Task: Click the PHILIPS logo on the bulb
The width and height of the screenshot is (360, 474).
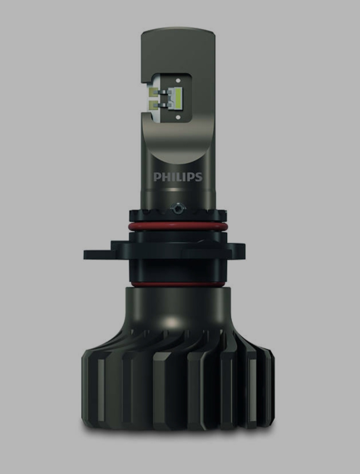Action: pos(178,177)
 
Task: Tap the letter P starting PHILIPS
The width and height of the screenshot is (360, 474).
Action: pos(157,177)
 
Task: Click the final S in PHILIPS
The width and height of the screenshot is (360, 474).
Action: pos(198,177)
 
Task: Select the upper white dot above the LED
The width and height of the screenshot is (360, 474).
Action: pos(178,81)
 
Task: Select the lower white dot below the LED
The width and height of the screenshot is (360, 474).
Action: pos(178,117)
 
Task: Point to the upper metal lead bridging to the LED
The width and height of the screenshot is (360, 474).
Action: pos(165,92)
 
